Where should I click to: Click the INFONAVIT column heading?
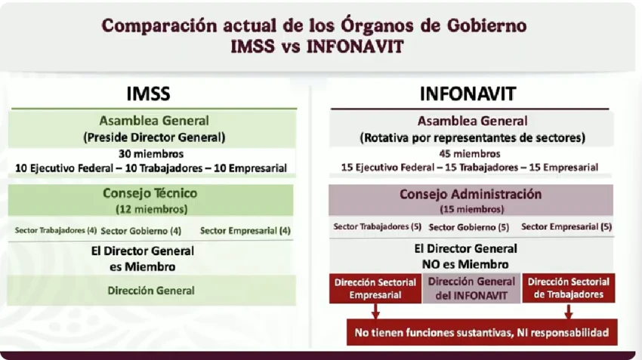coord(468,94)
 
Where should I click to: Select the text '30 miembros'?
coord(151,154)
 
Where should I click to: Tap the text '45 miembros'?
coord(470,154)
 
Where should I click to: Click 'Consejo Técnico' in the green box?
coord(150,192)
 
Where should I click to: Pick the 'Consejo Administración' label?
coord(471,194)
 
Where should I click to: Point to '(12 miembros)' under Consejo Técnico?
coord(152,209)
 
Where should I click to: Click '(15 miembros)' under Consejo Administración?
coord(471,209)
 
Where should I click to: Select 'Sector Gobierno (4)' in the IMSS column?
coord(140,231)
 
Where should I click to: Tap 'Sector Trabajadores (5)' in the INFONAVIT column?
coord(377,226)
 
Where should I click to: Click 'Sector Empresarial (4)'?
coord(245,231)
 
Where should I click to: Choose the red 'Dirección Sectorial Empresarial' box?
coord(375,288)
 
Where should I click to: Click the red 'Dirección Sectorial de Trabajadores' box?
coord(568,288)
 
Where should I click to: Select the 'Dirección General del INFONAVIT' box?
coord(471,288)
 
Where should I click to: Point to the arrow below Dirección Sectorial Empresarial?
coord(375,311)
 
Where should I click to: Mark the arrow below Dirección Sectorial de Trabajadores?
coord(568,311)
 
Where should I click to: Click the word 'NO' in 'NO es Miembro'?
coord(431,264)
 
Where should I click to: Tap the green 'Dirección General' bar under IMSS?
coord(152,291)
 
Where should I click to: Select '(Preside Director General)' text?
coord(154,137)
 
